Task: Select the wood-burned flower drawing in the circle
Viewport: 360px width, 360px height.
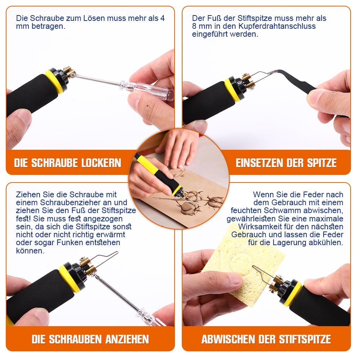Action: (191, 202)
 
